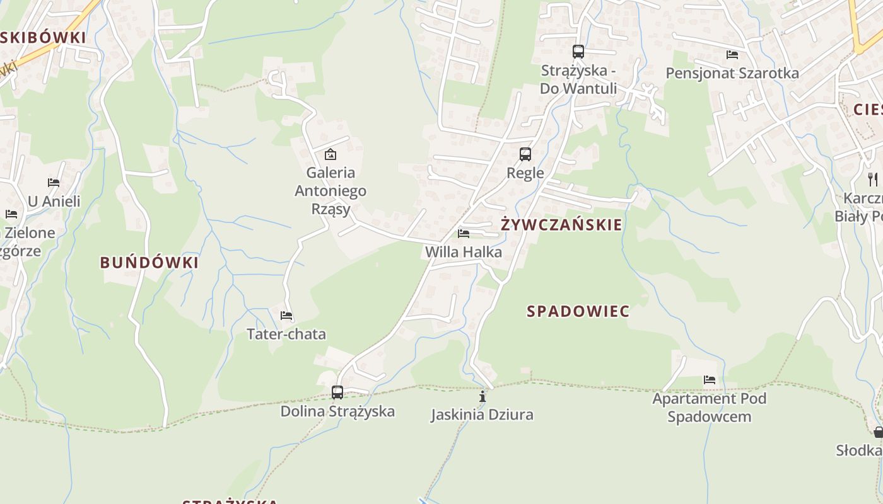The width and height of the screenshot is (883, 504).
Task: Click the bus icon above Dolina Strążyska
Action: tap(337, 392)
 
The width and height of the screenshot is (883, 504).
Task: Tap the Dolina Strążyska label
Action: tap(338, 411)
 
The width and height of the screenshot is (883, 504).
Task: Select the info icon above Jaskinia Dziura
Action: tap(482, 396)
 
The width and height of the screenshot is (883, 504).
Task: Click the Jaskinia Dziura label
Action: tap(482, 415)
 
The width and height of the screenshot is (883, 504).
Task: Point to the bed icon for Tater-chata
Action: tap(286, 315)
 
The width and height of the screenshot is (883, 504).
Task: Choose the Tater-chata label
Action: tap(286, 334)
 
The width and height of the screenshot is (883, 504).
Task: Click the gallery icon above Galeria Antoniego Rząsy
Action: tap(330, 154)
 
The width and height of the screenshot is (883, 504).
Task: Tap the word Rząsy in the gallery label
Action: tap(330, 209)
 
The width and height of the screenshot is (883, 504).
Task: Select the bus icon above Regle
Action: tap(525, 154)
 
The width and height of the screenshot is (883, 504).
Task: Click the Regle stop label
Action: tap(525, 173)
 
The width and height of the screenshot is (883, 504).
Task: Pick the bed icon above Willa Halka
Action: tap(464, 234)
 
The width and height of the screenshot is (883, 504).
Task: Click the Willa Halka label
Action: tap(464, 252)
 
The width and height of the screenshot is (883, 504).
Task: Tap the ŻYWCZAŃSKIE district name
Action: tap(561, 225)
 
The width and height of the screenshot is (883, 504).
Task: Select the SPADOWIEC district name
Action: tap(578, 311)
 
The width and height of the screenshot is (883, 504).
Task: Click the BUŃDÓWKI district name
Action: tap(149, 263)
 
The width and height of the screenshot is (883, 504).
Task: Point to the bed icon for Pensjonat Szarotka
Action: tap(732, 55)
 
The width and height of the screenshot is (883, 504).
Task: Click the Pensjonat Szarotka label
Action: tap(732, 73)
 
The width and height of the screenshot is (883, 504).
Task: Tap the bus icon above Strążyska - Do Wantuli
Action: tap(578, 52)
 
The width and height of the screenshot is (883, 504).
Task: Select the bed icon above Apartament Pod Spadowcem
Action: tap(710, 380)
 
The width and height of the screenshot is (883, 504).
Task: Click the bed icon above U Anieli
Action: tap(54, 183)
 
